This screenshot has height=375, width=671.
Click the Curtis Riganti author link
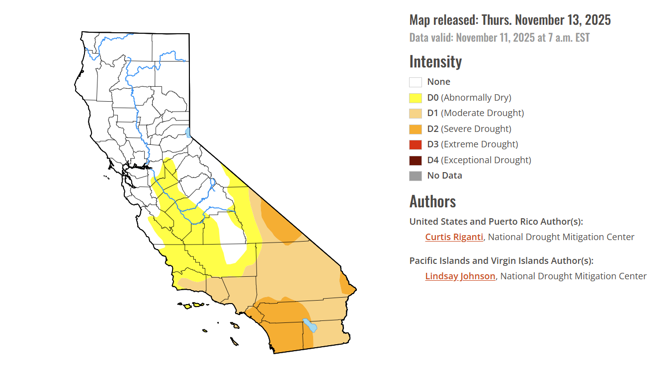point(454,237)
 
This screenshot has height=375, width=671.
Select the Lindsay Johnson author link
point(460,276)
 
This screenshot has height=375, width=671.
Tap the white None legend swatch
point(416,82)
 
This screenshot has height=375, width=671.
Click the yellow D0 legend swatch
point(416,98)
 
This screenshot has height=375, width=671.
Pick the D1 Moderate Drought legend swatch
point(416,114)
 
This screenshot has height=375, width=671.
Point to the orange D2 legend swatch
point(416,129)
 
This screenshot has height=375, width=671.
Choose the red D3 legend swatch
point(416,145)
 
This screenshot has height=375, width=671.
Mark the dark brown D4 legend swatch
point(416,160)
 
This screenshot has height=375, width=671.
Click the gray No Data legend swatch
point(416,176)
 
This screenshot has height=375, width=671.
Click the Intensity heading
point(435,62)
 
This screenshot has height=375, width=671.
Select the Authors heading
point(432,201)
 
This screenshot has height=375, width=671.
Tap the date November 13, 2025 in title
point(563,20)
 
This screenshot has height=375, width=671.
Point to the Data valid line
point(499,38)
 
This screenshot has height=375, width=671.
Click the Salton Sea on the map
point(310,325)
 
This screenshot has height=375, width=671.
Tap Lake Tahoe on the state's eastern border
point(188,132)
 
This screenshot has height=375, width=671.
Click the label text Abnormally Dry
point(476,98)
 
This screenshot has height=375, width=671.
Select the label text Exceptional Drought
point(486,160)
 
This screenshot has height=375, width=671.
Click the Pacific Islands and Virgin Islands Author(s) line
point(501,261)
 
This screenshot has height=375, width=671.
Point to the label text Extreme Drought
point(479,144)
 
